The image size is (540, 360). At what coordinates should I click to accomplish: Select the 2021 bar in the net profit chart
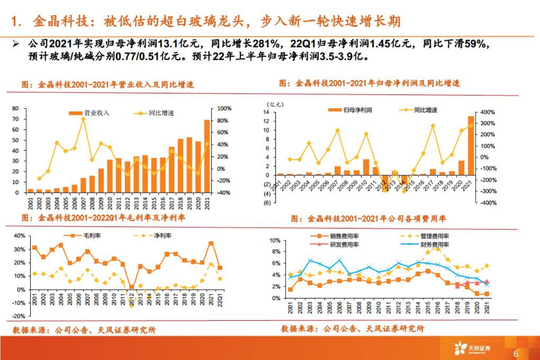pyautogui.click(x=471, y=145)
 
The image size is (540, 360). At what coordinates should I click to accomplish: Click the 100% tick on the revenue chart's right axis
pyautogui.click(x=224, y=108)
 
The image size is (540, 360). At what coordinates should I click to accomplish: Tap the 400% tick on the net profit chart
pyautogui.click(x=488, y=112)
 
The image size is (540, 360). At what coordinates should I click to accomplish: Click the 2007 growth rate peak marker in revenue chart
pyautogui.click(x=83, y=119)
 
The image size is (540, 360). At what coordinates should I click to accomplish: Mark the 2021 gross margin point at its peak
pyautogui.click(x=211, y=244)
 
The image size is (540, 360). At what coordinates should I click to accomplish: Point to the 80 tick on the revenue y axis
pyautogui.click(x=15, y=108)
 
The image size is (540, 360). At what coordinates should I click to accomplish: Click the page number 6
pyautogui.click(x=516, y=353)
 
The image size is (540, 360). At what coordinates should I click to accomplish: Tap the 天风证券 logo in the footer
pyautogui.click(x=473, y=349)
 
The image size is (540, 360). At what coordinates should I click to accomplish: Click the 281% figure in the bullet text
pyautogui.click(x=267, y=44)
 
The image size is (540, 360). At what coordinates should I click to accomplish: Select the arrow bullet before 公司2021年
pyautogui.click(x=16, y=44)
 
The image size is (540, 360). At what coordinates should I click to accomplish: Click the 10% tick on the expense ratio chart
pyautogui.click(x=275, y=240)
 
